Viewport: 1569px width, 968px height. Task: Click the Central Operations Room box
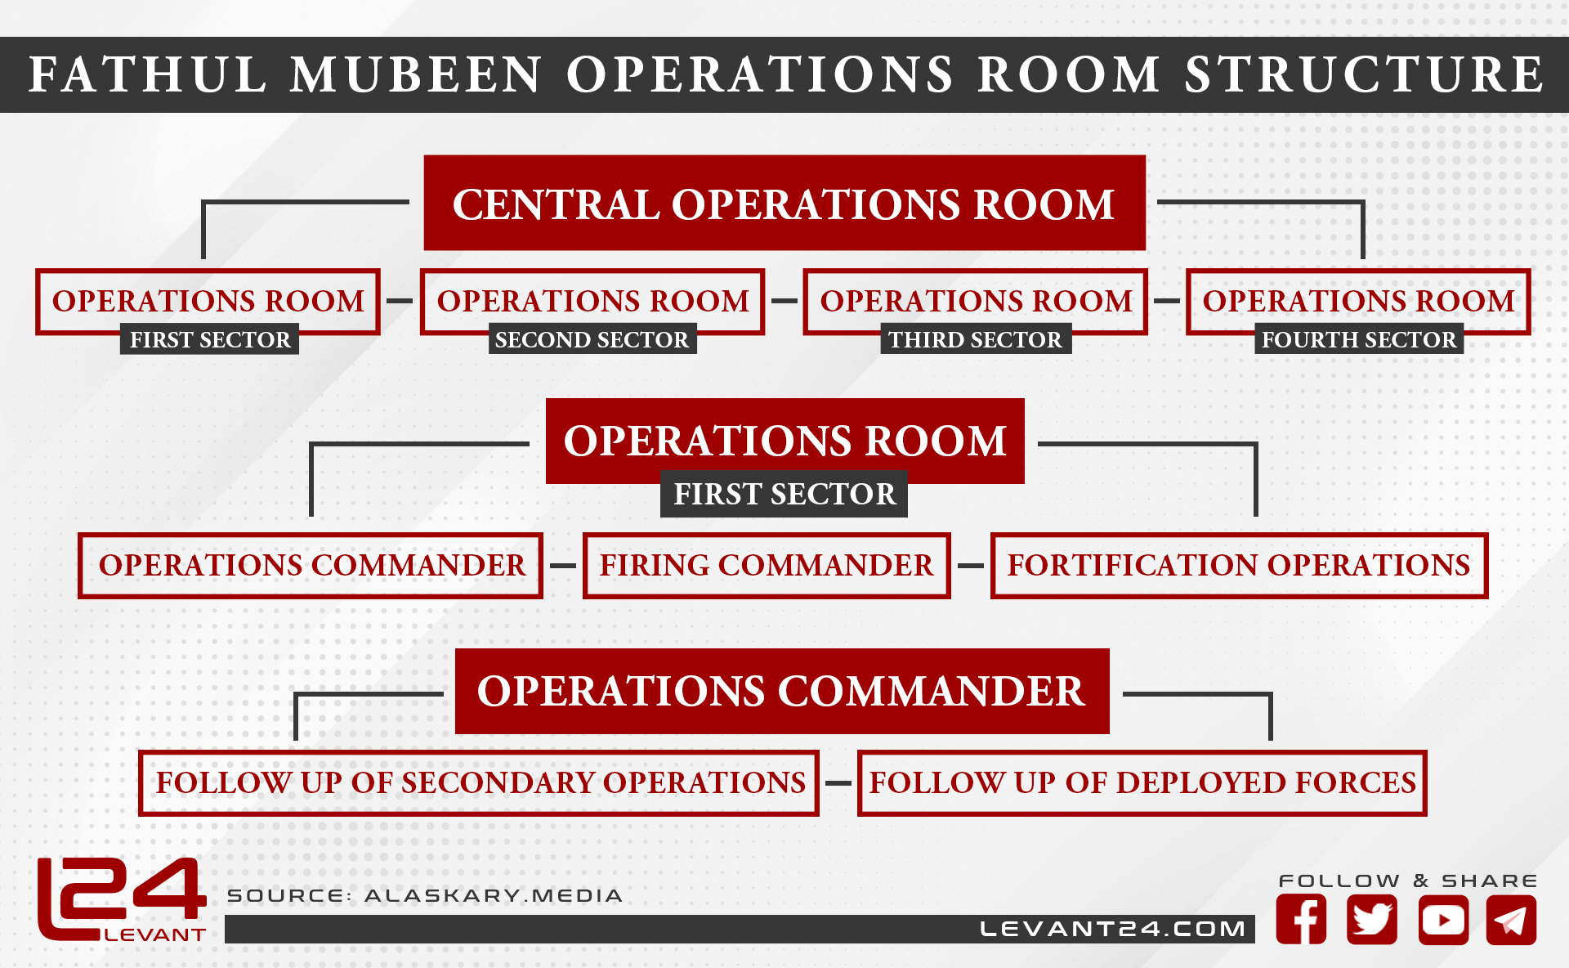(x=784, y=203)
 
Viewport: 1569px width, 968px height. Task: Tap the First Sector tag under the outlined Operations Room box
(x=210, y=339)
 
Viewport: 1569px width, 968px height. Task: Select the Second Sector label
(x=592, y=339)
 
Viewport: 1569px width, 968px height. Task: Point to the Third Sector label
(x=976, y=339)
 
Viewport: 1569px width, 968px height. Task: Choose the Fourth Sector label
(x=1359, y=339)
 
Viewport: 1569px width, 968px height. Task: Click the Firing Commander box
(x=767, y=566)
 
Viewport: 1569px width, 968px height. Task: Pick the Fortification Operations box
(x=1239, y=566)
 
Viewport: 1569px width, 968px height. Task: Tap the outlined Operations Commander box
(x=311, y=566)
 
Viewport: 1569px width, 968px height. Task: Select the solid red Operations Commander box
(x=782, y=691)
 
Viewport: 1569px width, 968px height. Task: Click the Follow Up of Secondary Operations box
(x=479, y=783)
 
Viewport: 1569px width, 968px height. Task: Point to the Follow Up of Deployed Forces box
(x=1142, y=783)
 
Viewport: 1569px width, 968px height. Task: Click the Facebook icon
(x=1301, y=920)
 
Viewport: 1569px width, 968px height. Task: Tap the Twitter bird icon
(x=1372, y=920)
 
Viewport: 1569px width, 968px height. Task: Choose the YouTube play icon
(x=1443, y=920)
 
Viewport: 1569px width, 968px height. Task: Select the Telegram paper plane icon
(x=1512, y=920)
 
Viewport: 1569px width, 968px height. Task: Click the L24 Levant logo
(x=121, y=899)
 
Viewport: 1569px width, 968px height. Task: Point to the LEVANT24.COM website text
(x=1112, y=929)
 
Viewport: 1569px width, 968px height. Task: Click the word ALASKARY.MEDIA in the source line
(x=494, y=895)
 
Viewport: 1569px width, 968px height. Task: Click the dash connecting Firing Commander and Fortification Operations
(x=971, y=566)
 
